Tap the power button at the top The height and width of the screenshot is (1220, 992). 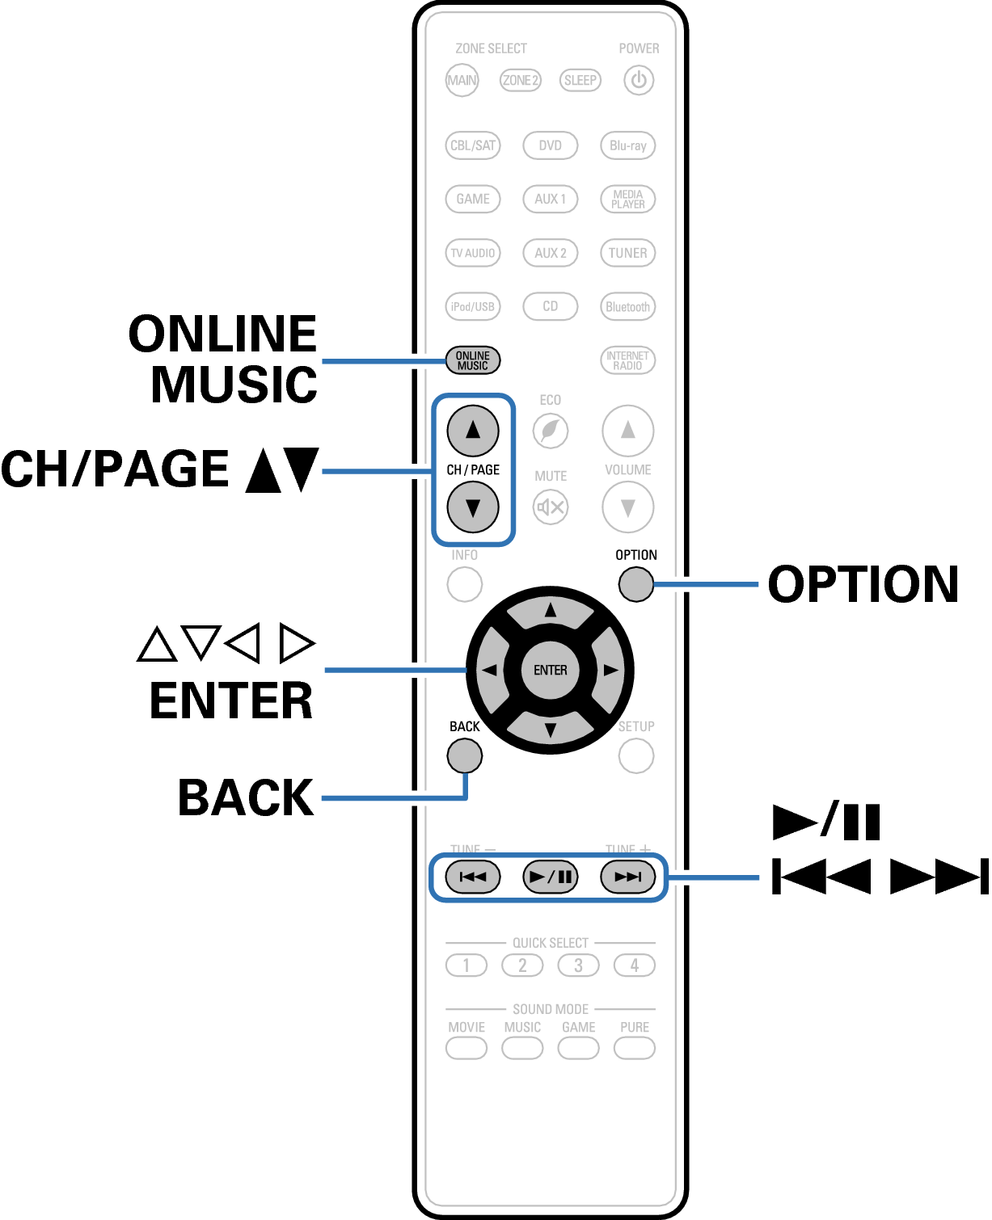click(639, 80)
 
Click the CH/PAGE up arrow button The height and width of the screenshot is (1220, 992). click(473, 430)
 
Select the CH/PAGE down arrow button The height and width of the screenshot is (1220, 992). click(473, 507)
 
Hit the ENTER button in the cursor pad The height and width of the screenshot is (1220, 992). click(550, 670)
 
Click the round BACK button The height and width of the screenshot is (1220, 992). click(464, 755)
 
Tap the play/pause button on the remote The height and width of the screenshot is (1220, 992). click(550, 877)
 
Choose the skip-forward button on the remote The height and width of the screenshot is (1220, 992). click(627, 877)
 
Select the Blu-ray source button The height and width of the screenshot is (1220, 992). click(627, 145)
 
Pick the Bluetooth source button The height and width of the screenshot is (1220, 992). click(627, 306)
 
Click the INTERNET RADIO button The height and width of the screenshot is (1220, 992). click(627, 360)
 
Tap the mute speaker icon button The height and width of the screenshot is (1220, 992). click(550, 507)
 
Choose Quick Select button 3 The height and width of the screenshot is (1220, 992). click(578, 965)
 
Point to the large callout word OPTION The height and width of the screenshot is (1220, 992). click(863, 584)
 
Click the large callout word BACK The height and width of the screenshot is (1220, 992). click(246, 797)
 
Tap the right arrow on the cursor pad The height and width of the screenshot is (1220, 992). click(610, 670)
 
